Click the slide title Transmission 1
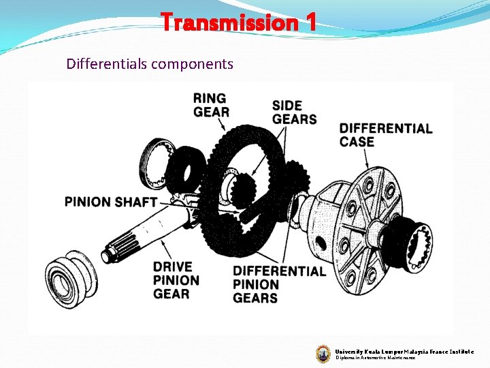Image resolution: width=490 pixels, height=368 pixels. [238, 22]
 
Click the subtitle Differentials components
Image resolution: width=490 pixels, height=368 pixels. [150, 64]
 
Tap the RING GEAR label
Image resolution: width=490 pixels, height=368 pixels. [211, 105]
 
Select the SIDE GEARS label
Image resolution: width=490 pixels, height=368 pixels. [294, 112]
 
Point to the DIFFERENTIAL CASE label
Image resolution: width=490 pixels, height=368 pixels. [385, 135]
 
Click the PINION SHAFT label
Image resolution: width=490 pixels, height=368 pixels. [111, 202]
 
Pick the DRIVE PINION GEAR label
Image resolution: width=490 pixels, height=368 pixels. [176, 279]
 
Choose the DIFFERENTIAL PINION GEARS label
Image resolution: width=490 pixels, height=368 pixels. [279, 284]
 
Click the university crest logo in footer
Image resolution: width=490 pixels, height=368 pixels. [323, 353]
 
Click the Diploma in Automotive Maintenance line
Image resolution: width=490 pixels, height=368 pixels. [374, 358]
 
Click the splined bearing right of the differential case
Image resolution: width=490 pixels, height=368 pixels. [414, 242]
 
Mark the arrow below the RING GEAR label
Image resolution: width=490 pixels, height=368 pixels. [222, 125]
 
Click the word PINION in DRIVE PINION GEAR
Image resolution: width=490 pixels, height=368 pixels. [176, 280]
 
